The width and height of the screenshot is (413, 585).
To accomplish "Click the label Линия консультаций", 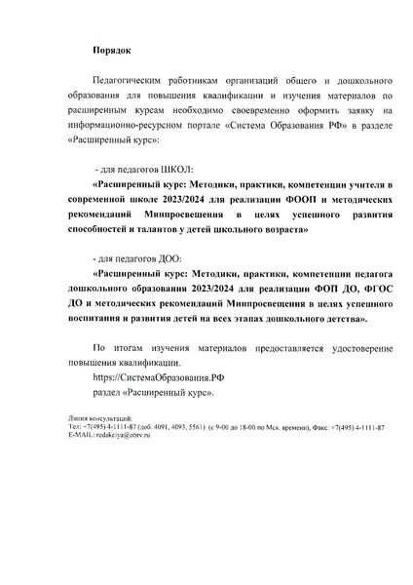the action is (x=95, y=416).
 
